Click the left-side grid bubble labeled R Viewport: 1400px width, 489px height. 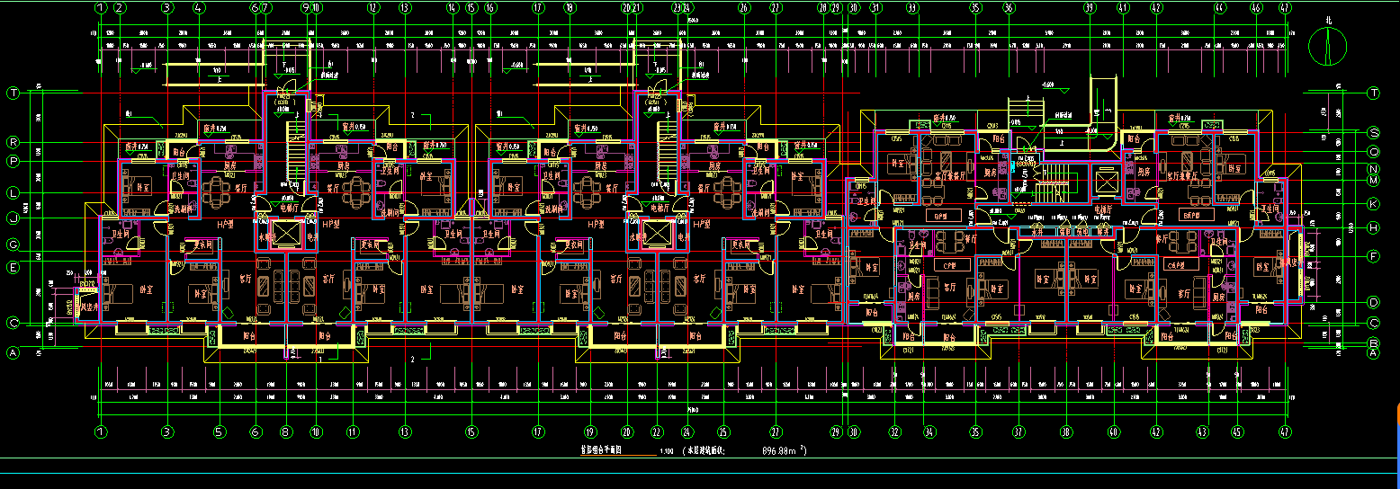click(x=13, y=142)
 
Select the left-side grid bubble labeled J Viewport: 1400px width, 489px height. click(x=13, y=218)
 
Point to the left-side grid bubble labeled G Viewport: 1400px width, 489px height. click(x=13, y=244)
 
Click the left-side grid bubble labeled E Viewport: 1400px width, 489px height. click(x=13, y=266)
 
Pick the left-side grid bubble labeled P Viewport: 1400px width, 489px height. click(x=13, y=161)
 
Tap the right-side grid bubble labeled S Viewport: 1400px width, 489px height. click(x=1374, y=131)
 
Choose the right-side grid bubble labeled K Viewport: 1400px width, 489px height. click(x=1374, y=204)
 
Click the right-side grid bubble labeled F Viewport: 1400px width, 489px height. click(x=1374, y=256)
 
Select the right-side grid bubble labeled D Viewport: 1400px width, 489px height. click(x=1374, y=302)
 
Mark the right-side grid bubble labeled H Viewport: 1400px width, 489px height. click(x=1374, y=228)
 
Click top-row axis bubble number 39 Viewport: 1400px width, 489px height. click(x=1090, y=8)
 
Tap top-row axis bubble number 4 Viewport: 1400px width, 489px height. click(x=200, y=8)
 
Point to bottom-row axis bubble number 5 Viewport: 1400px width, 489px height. click(x=220, y=431)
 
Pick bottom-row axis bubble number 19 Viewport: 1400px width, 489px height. click(x=590, y=431)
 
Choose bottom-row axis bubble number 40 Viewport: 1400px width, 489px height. click(x=1113, y=431)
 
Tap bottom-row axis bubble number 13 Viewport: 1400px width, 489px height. click(x=406, y=431)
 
